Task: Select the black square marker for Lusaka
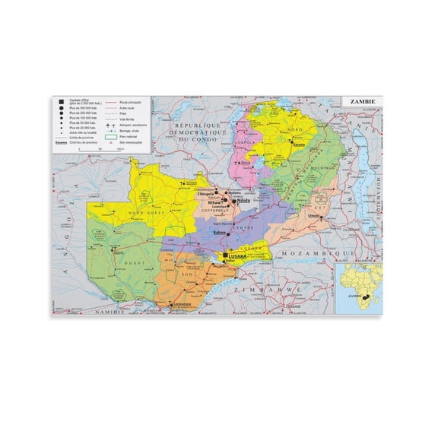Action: pos(224,255)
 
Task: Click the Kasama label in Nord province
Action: pos(298,144)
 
